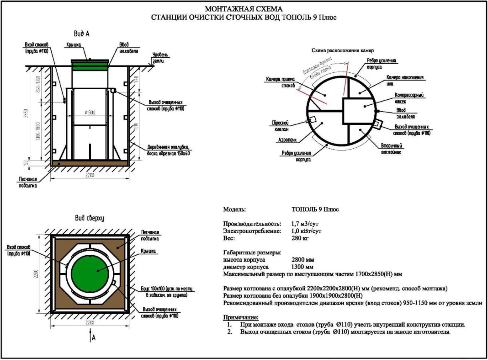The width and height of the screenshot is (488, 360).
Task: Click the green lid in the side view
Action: [90, 62]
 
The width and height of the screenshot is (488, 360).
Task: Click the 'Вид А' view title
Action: [82, 34]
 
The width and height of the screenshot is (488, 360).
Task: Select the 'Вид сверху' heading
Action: [90, 218]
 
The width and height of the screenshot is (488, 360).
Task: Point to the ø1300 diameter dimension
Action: [90, 113]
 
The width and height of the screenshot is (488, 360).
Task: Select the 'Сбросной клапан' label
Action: [280, 126]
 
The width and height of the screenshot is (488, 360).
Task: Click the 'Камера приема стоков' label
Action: [280, 82]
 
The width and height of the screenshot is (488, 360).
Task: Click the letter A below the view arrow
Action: [94, 338]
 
